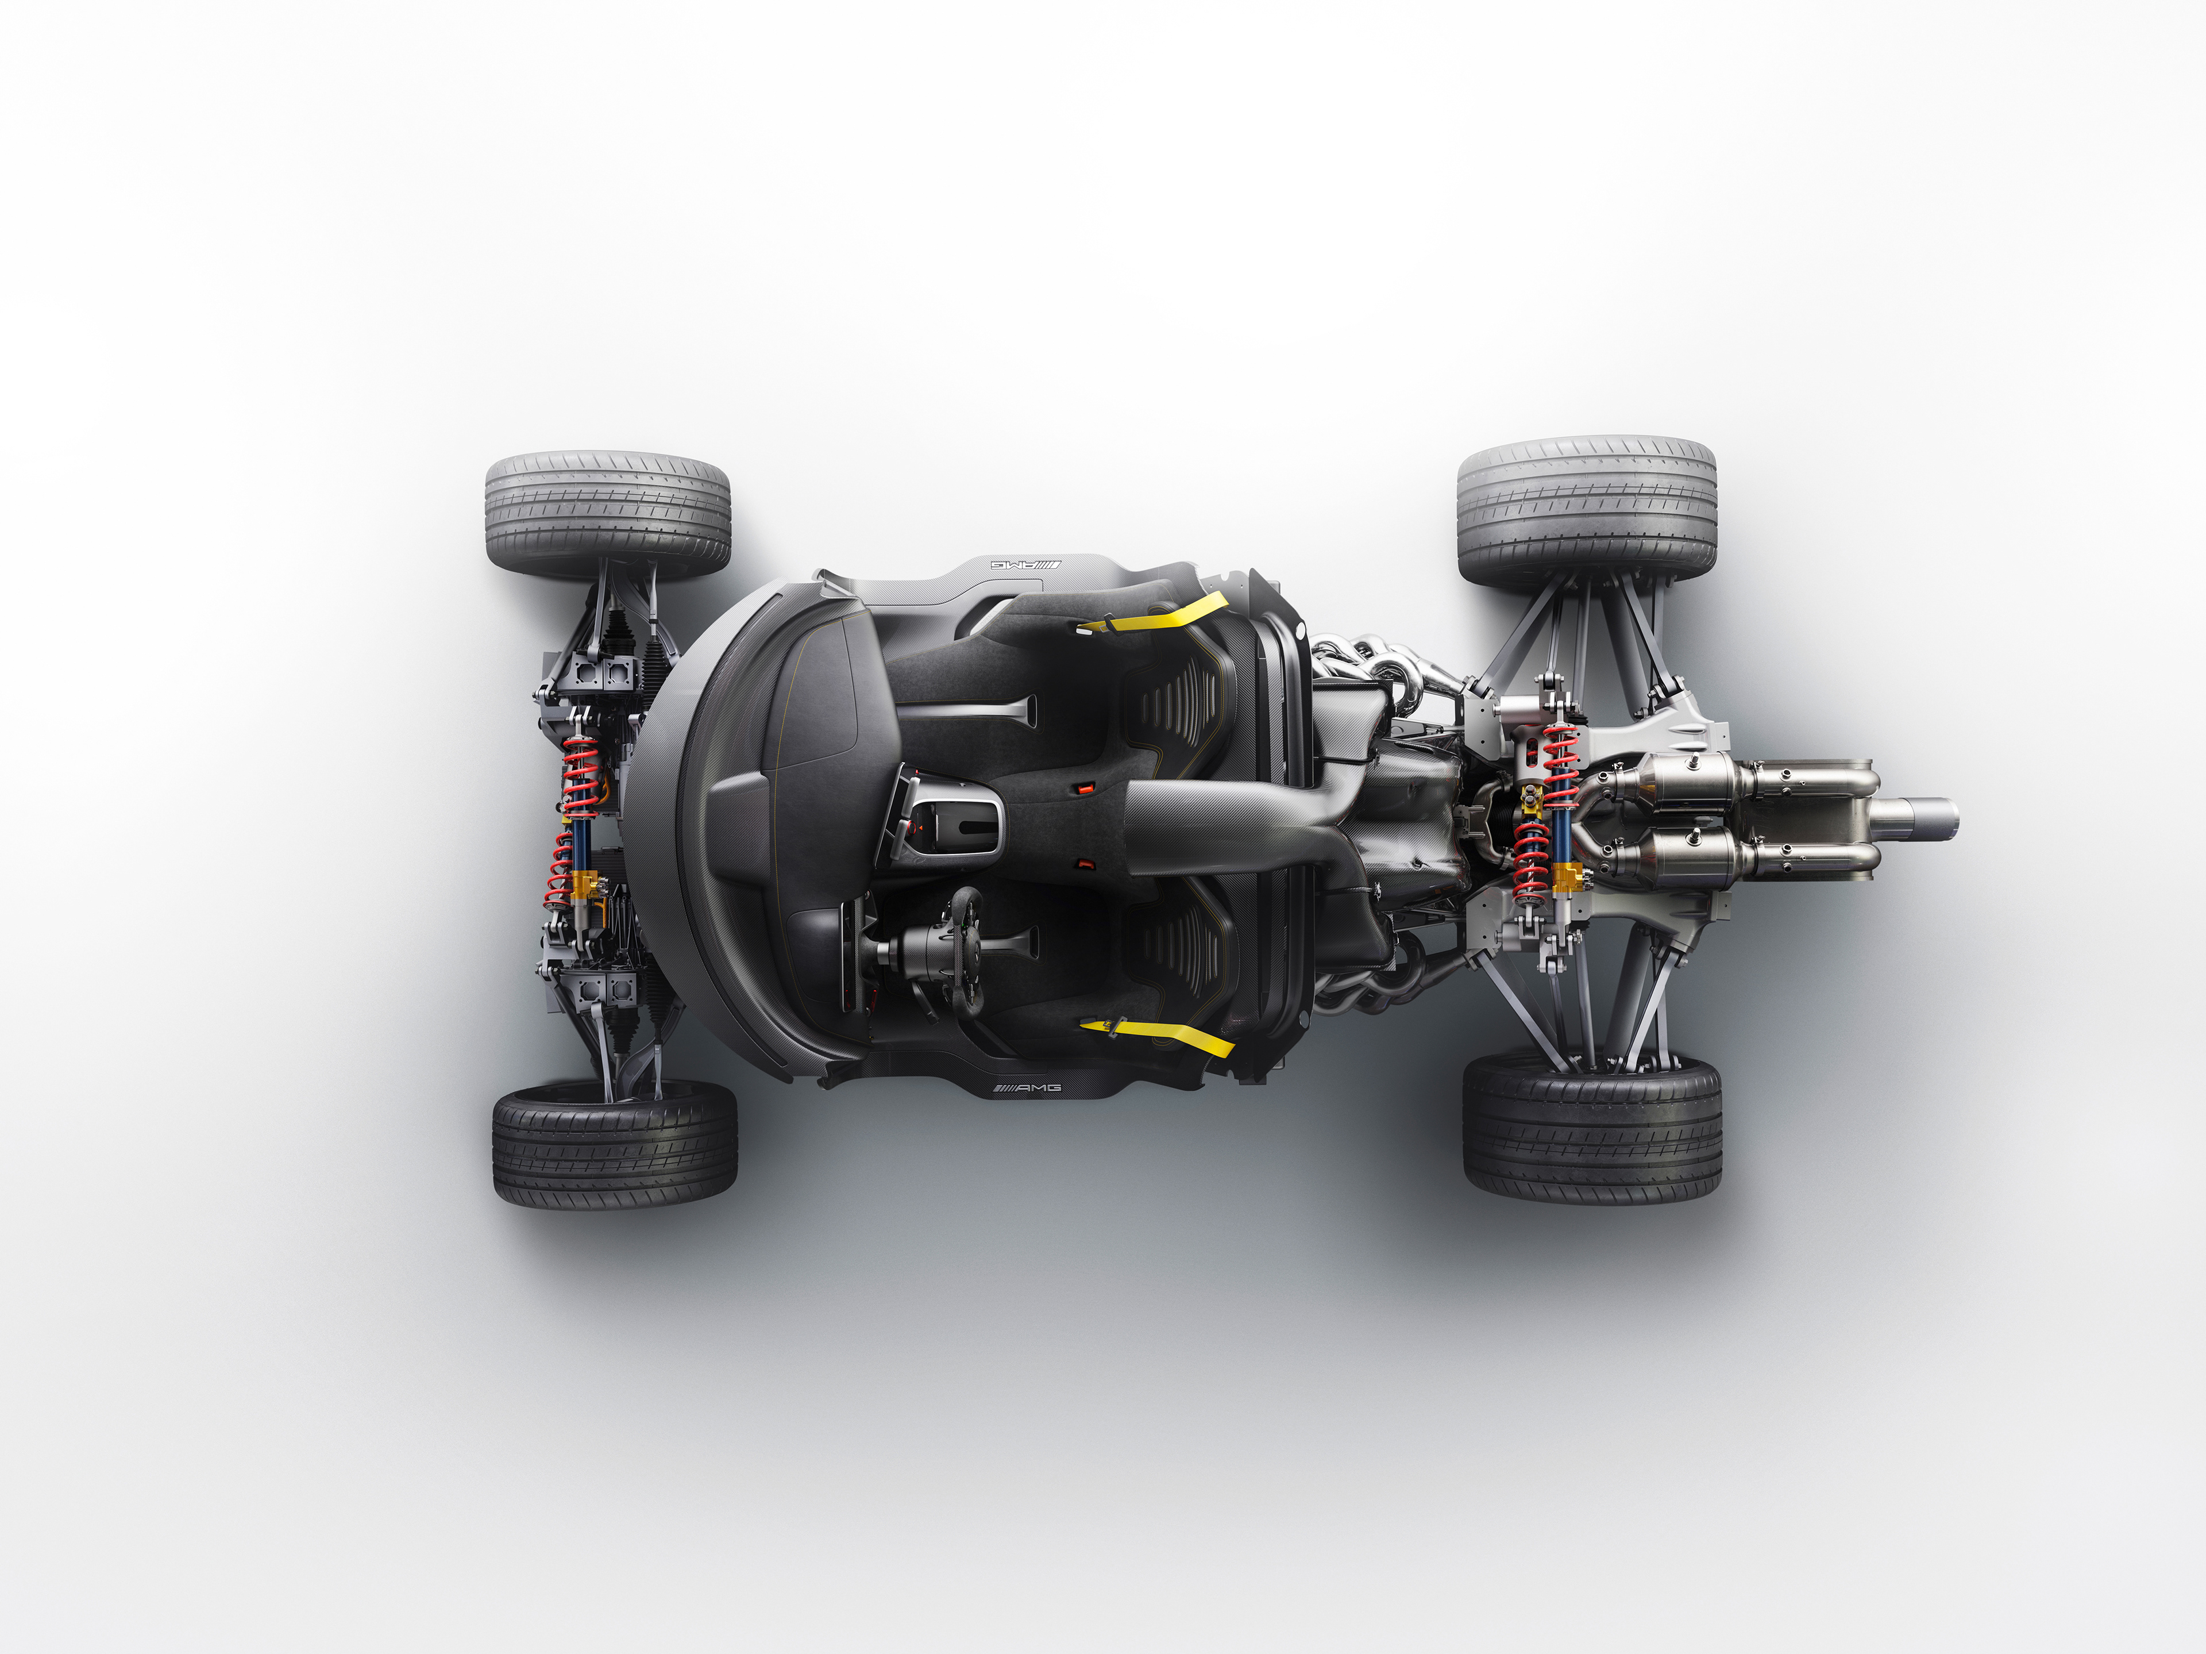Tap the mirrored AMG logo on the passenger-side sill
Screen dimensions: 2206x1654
tap(1026, 564)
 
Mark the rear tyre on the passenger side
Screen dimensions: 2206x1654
tap(1587, 510)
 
